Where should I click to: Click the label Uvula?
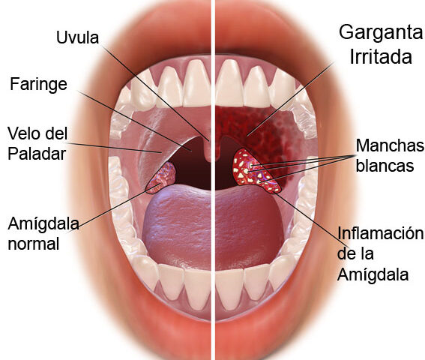pos(77,37)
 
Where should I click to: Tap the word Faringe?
pos(38,84)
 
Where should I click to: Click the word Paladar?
pos(37,154)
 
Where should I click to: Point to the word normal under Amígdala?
pos(34,244)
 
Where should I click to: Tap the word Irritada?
pos(381,57)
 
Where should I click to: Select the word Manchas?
pos(390,145)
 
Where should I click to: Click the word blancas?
pos(385,166)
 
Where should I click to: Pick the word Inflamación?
pos(380,234)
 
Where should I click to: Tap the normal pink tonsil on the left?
pos(161,178)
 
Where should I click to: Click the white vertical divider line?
pos(213,180)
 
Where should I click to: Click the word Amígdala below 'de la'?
pos(373,274)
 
